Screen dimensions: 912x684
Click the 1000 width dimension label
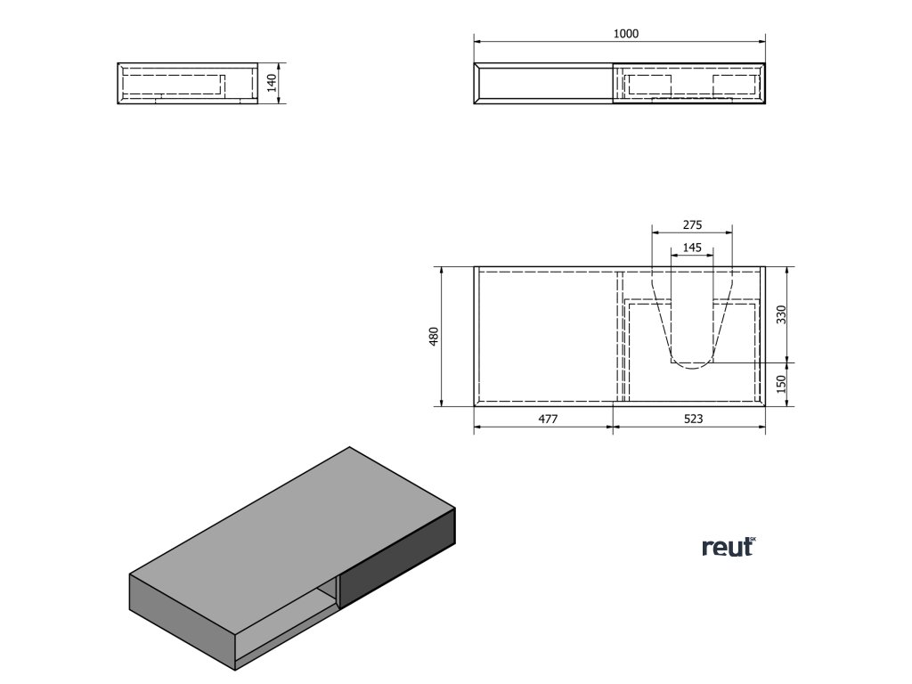[626, 34]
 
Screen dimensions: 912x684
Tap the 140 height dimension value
[273, 84]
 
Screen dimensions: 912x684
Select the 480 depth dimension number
[435, 336]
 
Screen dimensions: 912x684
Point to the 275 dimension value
[692, 225]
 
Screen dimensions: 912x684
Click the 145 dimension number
[692, 247]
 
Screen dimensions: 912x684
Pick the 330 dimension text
[781, 314]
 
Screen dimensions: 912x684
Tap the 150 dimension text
[781, 384]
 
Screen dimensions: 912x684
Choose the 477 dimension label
[547, 420]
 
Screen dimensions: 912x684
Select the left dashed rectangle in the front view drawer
[649, 84]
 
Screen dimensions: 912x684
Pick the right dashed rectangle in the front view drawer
[734, 84]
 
